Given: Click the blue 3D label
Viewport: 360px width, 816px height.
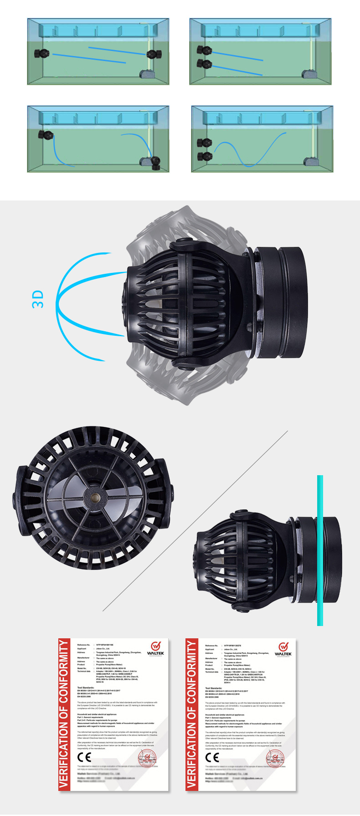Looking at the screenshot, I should click(x=38, y=299).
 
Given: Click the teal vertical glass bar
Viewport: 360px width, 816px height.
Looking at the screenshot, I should click(x=320, y=550).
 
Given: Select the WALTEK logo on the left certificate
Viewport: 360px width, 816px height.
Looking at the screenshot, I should click(x=155, y=649).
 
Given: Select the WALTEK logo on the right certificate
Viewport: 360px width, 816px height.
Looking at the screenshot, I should click(x=283, y=650).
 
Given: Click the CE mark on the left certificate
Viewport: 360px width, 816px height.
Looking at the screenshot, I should click(x=84, y=757).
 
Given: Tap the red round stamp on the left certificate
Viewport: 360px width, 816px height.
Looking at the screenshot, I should click(x=147, y=758).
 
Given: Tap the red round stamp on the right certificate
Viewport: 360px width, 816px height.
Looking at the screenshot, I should click(x=275, y=758).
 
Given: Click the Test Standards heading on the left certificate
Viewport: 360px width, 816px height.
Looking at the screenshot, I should click(x=86, y=688).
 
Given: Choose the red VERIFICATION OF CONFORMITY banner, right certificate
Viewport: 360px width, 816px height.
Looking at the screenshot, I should click(x=191, y=714).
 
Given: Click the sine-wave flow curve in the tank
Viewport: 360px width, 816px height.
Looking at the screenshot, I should click(x=250, y=151).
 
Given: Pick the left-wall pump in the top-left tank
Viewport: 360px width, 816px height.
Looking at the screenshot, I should click(x=42, y=54).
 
